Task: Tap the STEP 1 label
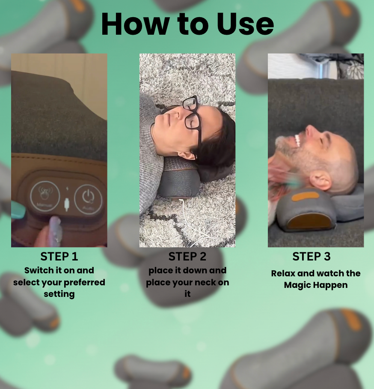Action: pos(59,257)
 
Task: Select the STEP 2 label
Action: pos(187,257)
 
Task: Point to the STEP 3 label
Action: pos(312,257)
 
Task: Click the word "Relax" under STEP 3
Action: pos(283,273)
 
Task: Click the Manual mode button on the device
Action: pos(44,197)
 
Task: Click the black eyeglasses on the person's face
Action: pos(191,117)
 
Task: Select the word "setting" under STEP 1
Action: pos(59,294)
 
